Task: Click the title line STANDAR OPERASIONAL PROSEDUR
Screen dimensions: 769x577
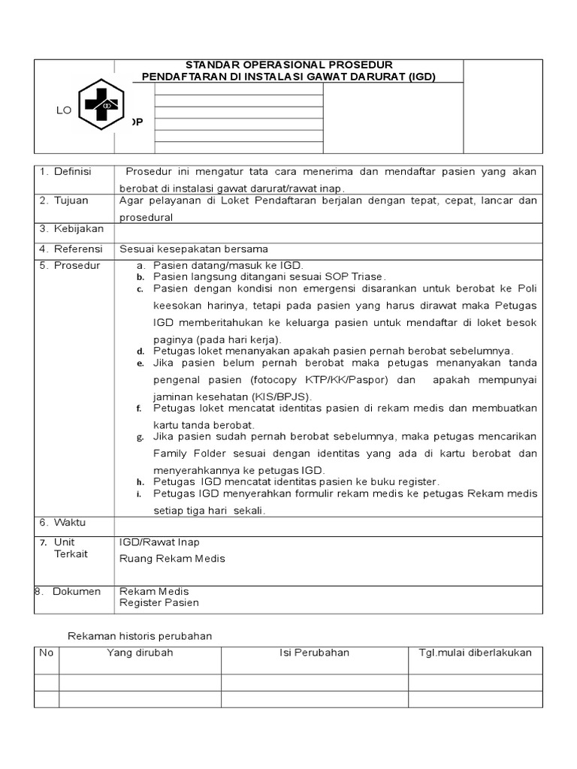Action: [288, 65]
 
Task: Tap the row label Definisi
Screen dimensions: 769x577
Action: [72, 172]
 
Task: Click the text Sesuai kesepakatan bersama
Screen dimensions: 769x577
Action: [194, 249]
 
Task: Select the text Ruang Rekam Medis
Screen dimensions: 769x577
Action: [172, 558]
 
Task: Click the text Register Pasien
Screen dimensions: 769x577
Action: [159, 602]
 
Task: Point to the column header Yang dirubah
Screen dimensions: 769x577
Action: [140, 652]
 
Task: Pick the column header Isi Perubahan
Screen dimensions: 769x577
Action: [314, 652]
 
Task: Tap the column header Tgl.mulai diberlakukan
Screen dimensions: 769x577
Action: [475, 652]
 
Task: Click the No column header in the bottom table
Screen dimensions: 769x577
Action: [47, 652]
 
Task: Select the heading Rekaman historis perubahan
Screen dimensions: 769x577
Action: [140, 635]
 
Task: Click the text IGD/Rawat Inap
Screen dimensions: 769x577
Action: [159, 542]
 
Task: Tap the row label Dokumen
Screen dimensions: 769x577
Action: [76, 592]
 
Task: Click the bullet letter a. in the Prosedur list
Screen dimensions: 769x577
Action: [140, 266]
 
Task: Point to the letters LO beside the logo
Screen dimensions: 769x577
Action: [63, 110]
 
